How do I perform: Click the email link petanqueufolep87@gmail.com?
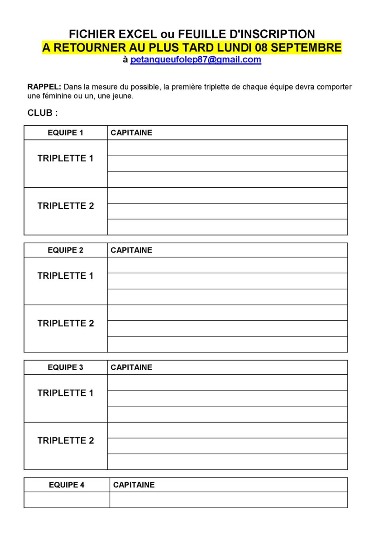click(x=196, y=60)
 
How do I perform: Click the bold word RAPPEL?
click(x=44, y=87)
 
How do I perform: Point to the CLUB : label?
click(x=43, y=113)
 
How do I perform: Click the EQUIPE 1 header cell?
click(x=66, y=133)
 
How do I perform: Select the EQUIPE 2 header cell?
click(x=66, y=250)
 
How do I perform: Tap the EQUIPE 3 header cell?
click(x=66, y=367)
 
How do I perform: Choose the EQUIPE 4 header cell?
click(x=67, y=485)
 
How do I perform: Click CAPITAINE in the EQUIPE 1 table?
click(x=131, y=133)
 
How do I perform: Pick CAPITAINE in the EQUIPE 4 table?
click(x=134, y=485)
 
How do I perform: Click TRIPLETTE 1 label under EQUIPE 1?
click(x=66, y=158)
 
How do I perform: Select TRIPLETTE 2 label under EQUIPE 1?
click(x=66, y=206)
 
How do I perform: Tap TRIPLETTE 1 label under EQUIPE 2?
click(x=66, y=276)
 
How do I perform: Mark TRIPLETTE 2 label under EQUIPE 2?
click(x=66, y=323)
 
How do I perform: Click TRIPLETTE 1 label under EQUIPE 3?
click(x=66, y=393)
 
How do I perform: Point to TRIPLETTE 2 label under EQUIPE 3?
click(x=66, y=440)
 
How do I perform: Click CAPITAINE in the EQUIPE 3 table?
click(x=131, y=367)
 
